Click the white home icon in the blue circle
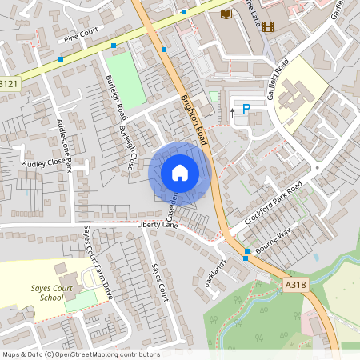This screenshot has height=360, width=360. click(x=180, y=172)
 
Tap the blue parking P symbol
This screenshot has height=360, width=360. click(x=246, y=109)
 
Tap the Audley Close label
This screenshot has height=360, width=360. click(x=45, y=162)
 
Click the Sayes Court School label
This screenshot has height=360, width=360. click(x=40, y=291)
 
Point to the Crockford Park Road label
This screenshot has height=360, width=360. click(x=274, y=205)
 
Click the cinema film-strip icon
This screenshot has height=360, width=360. click(x=267, y=26)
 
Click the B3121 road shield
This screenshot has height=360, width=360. click(x=9, y=83)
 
